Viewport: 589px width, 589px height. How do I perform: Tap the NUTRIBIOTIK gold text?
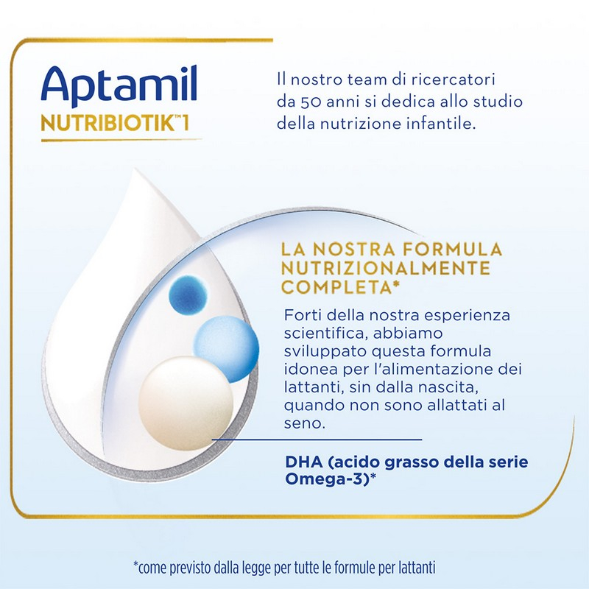point(110,121)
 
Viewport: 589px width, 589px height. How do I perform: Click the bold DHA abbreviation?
point(301,463)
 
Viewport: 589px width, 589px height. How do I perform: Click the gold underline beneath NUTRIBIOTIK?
point(110,139)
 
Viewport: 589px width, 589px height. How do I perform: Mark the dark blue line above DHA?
point(317,440)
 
